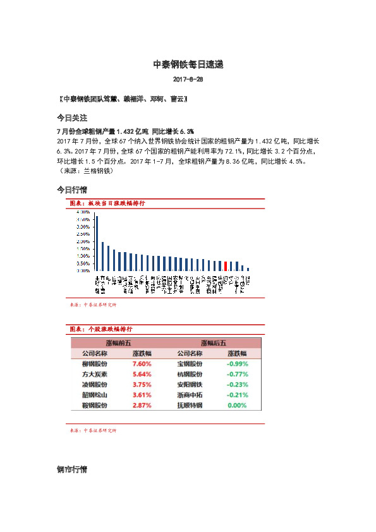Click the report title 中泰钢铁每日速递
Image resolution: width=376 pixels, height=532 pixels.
point(188,64)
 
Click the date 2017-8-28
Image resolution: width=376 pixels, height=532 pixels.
point(188,80)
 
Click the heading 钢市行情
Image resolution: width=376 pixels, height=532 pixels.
point(71,470)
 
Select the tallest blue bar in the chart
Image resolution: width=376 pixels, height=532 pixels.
point(97,243)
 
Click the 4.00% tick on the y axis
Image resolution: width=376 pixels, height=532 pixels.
point(82,212)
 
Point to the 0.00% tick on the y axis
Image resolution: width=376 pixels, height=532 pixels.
point(82,270)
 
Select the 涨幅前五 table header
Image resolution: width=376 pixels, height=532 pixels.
point(118,342)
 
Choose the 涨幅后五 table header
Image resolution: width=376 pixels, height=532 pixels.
point(214,342)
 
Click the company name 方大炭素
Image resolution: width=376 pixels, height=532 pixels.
point(95,374)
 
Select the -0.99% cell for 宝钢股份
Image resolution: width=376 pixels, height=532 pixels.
point(237,364)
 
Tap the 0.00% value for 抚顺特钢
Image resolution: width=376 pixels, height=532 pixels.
point(237,404)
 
